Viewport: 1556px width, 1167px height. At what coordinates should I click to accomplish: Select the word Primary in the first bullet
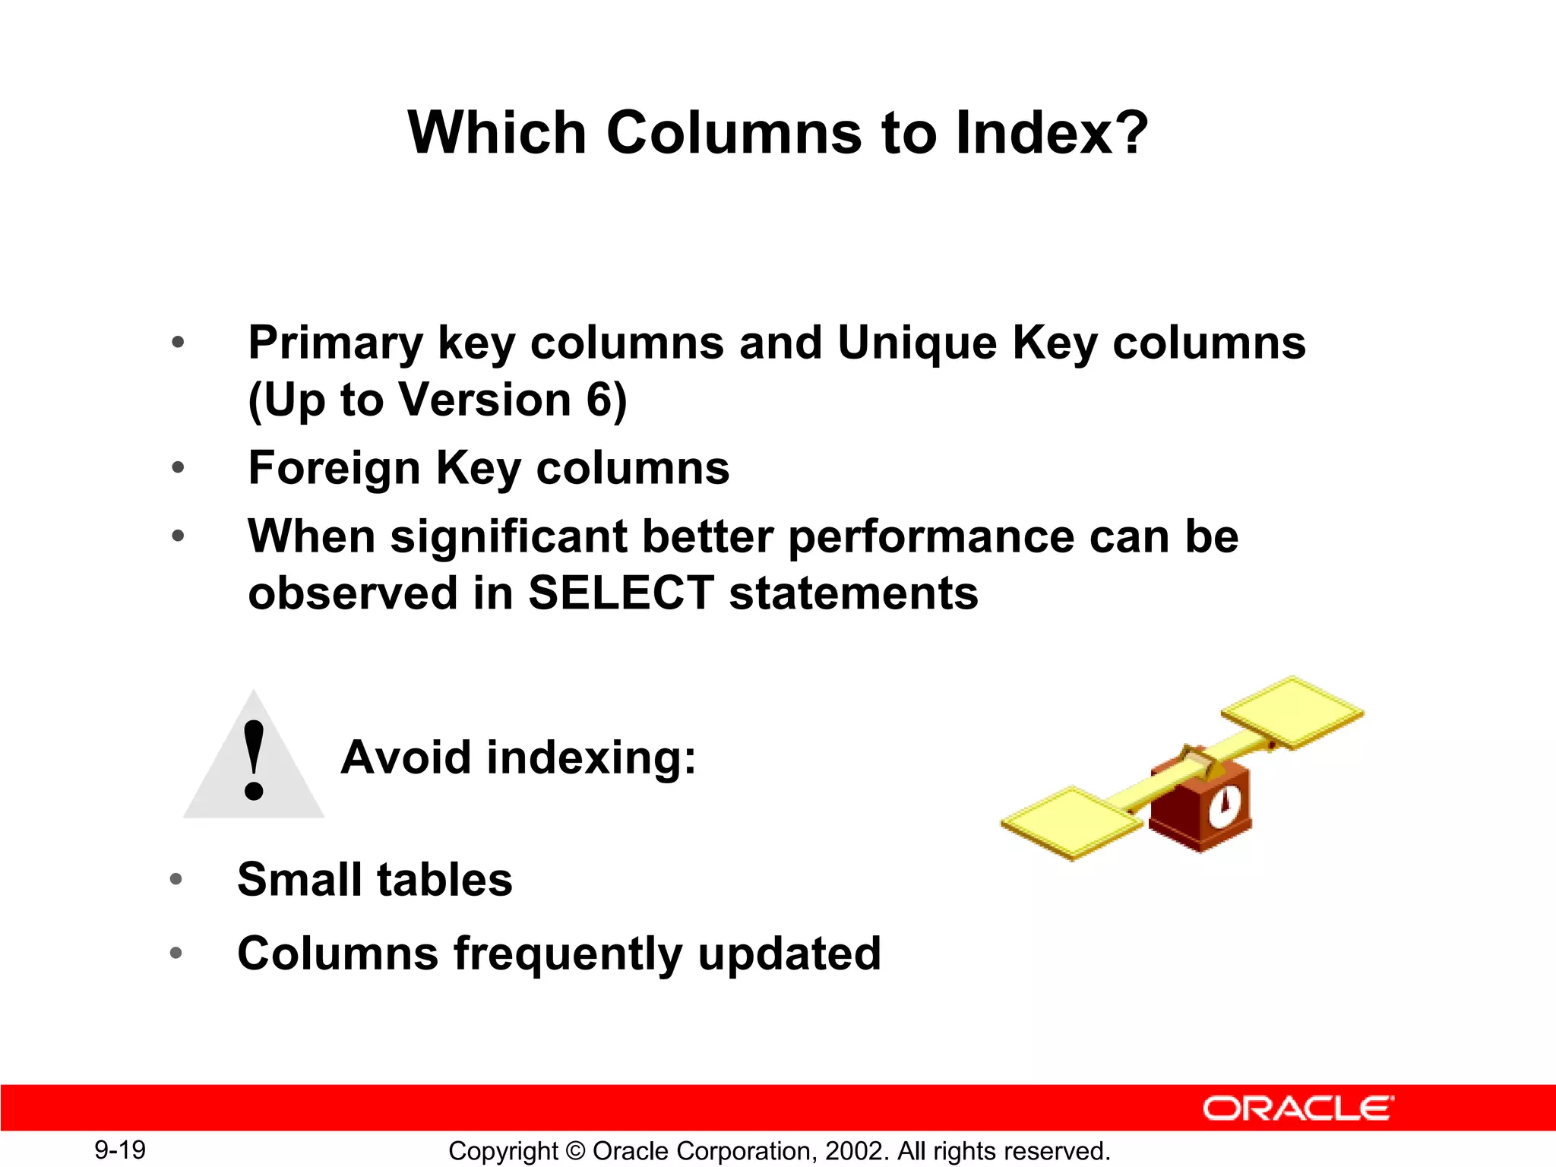(335, 343)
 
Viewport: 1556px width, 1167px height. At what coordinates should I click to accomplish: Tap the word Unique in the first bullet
(916, 343)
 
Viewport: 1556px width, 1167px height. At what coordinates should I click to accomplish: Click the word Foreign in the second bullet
(334, 468)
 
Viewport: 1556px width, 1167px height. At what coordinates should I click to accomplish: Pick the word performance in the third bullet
(931, 538)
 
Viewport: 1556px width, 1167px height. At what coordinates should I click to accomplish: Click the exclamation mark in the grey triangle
(254, 761)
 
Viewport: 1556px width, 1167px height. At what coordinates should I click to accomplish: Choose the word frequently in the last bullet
(568, 954)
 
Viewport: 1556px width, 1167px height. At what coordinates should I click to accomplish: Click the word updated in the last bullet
(789, 954)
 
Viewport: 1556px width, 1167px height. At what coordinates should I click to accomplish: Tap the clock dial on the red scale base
(1224, 805)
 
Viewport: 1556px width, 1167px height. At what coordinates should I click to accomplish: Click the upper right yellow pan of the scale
(1292, 711)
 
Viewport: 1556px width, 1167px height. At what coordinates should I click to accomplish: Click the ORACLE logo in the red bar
(1298, 1108)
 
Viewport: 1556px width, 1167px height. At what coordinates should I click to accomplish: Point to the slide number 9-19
(120, 1150)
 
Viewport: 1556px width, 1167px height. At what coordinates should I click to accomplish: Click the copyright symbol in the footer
(575, 1152)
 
